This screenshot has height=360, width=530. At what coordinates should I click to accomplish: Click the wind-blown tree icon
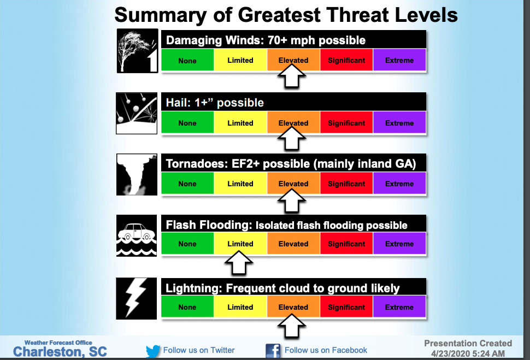[x=137, y=51]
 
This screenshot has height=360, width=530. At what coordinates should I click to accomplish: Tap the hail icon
[x=137, y=113]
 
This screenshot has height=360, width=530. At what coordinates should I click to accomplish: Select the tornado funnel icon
[x=137, y=174]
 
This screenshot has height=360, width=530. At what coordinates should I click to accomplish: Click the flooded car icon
[x=137, y=235]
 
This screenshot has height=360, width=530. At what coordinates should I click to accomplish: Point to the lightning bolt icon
[x=136, y=298]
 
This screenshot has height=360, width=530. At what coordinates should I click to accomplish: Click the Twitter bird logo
[x=153, y=351]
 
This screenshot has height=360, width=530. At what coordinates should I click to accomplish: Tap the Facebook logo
[x=273, y=351]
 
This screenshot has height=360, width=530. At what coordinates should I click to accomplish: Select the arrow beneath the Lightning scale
[x=292, y=326]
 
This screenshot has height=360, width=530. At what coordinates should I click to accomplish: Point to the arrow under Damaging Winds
[x=292, y=76]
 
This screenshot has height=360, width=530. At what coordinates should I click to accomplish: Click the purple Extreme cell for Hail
[x=399, y=123]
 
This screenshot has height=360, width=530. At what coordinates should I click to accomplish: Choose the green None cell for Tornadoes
[x=187, y=184]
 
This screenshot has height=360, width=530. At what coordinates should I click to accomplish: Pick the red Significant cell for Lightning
[x=346, y=307]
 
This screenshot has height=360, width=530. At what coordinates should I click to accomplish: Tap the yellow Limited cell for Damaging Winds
[x=240, y=60]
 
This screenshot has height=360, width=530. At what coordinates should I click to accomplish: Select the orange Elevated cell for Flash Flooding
[x=293, y=244]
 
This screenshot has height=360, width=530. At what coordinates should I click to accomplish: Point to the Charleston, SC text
[x=60, y=352]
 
